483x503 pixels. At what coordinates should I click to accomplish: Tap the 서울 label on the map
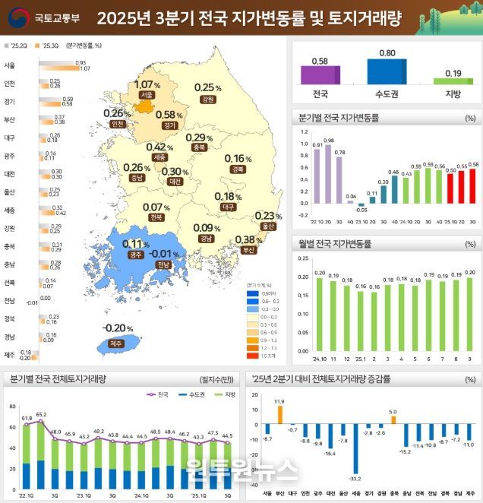(147, 95)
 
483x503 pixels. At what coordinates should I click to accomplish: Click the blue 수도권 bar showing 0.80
(387, 71)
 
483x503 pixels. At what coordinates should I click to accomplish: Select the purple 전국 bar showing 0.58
(320, 74)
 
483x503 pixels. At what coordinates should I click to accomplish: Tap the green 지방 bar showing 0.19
(453, 81)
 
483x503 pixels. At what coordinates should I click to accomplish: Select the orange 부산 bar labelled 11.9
(279, 415)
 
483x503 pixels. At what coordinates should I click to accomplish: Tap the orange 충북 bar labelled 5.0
(393, 419)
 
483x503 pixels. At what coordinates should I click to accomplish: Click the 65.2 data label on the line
(41, 415)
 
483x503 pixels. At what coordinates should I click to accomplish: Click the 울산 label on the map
(266, 226)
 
